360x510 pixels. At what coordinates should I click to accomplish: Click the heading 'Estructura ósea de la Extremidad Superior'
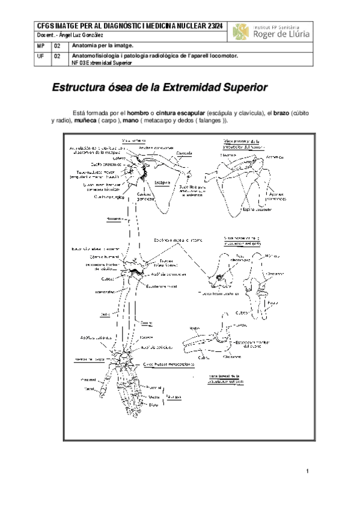coord(159,87)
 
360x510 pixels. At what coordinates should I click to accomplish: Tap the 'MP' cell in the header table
coord(40,46)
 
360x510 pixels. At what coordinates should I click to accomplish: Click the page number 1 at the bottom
coord(307,470)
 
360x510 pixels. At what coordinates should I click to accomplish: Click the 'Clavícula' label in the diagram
coord(175,153)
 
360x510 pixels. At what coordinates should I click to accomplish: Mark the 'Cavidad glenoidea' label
coord(145,197)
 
